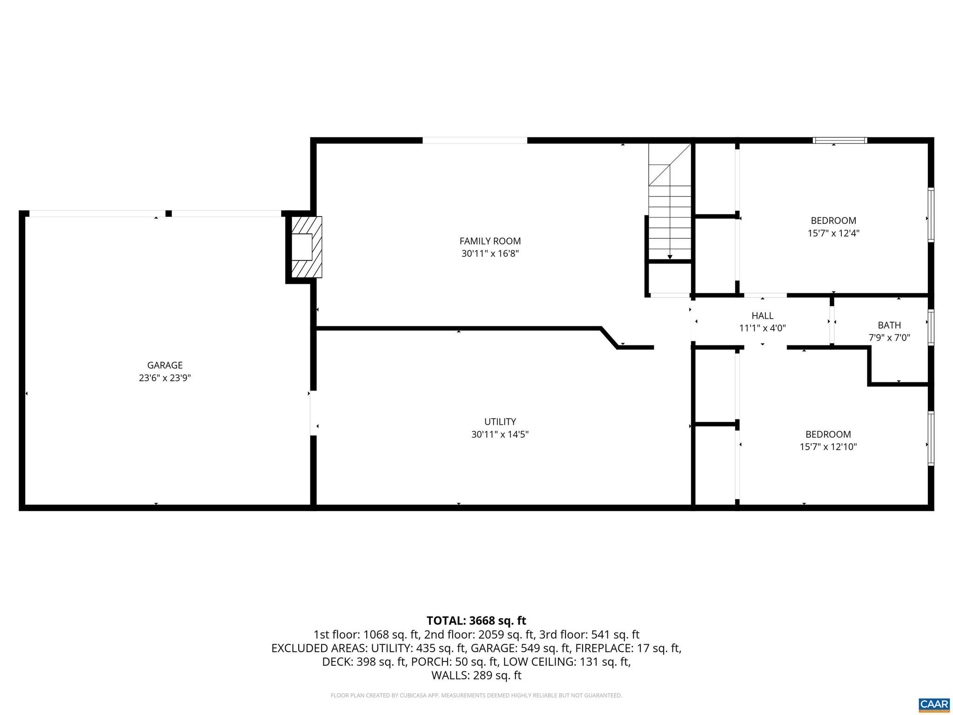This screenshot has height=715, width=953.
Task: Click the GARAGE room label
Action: [165, 365]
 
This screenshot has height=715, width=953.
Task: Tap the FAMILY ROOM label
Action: [490, 241]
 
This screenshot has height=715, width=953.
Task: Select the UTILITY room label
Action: [500, 422]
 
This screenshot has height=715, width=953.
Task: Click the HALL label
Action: [762, 316]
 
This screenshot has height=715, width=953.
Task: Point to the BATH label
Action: [889, 325]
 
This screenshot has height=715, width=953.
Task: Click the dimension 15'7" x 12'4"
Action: [833, 233]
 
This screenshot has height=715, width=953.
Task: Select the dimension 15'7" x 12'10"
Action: [828, 447]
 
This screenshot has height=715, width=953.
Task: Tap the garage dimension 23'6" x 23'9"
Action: [165, 378]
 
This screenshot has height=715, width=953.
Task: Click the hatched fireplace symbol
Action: [305, 247]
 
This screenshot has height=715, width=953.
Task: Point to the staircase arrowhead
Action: [670, 256]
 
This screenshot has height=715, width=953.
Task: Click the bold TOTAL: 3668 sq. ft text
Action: [476, 621]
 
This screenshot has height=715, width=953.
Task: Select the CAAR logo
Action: [934, 703]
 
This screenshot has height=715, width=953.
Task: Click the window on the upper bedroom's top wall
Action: [839, 140]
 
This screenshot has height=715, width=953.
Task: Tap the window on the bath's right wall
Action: [930, 327]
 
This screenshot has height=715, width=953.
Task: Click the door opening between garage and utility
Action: [313, 413]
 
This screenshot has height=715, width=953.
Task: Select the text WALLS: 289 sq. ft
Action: [476, 675]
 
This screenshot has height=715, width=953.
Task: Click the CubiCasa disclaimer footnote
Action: [476, 695]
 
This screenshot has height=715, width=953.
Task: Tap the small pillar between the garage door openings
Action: [168, 214]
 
